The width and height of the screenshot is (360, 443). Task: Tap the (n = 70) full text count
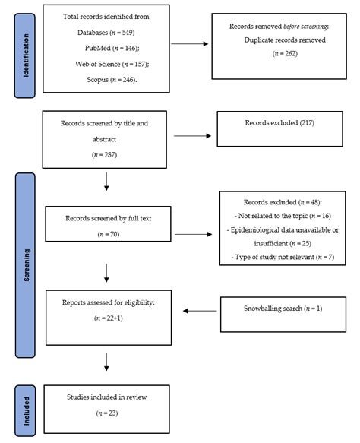[106, 233]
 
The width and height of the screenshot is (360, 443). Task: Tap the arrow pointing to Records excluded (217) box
[190, 138]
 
